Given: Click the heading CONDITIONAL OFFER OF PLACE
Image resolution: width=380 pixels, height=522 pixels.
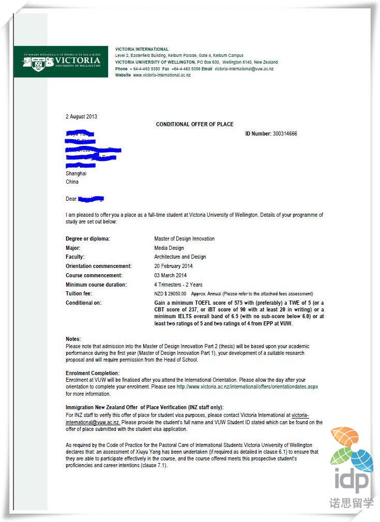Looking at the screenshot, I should [x=194, y=125].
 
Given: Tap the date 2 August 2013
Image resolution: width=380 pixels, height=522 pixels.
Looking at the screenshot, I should [x=81, y=117].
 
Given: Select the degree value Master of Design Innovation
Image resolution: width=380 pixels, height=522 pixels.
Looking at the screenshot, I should [x=184, y=239].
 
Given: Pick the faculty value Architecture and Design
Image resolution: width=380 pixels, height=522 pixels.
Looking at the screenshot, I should [x=180, y=257].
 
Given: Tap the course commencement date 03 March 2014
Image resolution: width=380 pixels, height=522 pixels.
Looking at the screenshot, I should [x=170, y=275].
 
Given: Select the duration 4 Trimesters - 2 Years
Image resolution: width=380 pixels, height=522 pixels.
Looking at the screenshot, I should [x=178, y=285].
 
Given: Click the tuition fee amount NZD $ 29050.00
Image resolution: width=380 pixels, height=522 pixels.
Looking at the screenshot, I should [x=170, y=294].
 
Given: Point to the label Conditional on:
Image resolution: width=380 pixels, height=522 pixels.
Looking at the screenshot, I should [x=84, y=303].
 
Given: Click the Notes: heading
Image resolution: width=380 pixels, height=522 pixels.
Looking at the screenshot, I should [x=73, y=339].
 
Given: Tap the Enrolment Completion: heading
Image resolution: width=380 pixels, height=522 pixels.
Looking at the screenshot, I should [x=93, y=373].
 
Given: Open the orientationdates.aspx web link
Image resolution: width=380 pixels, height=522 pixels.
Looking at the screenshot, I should [x=247, y=386].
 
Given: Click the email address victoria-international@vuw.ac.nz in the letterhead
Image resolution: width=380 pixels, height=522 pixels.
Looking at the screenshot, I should [x=244, y=69].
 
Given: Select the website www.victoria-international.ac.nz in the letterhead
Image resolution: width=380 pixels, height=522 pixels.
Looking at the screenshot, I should [x=162, y=75].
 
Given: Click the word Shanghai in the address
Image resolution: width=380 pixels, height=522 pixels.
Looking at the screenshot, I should [x=76, y=174].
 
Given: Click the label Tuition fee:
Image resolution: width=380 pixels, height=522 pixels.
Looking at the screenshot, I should [x=79, y=294].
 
